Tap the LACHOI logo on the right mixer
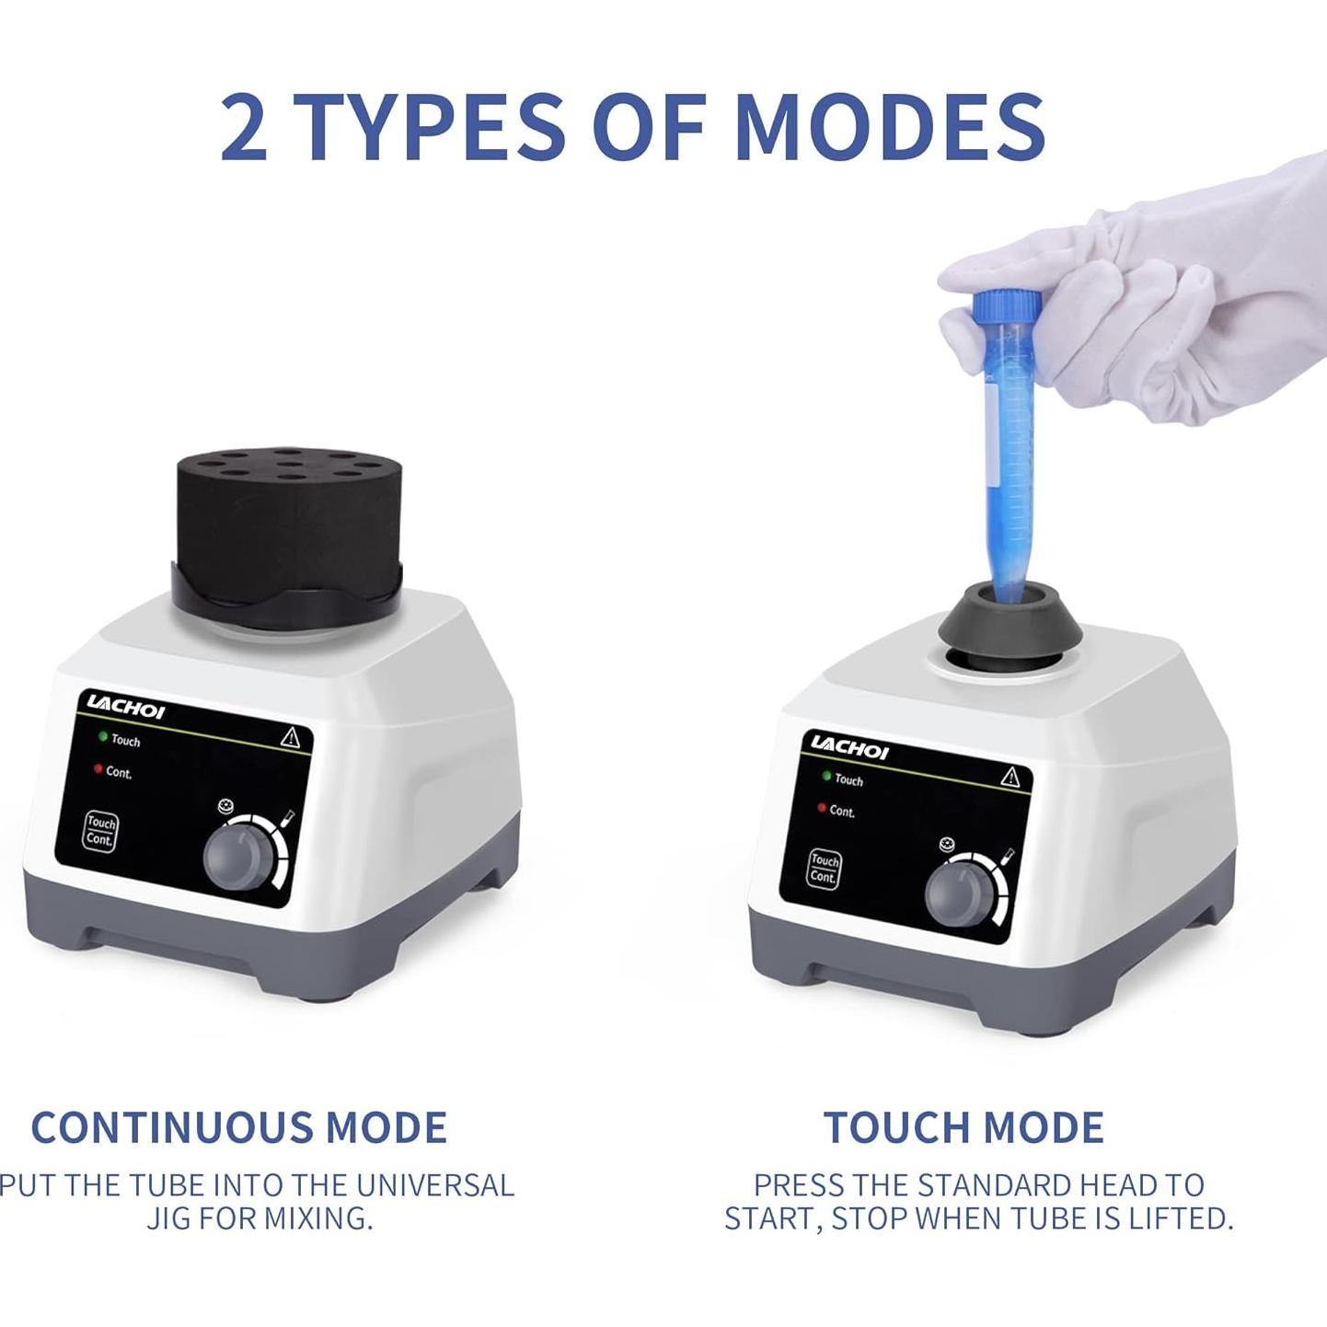point(849,746)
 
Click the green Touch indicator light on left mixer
point(103,737)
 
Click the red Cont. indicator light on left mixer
point(98,769)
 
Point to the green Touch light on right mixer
point(826,777)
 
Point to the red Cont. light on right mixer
point(822,808)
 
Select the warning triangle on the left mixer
point(290,736)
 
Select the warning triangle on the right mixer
point(1010,776)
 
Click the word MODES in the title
point(890,126)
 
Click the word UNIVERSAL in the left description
point(434,1184)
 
